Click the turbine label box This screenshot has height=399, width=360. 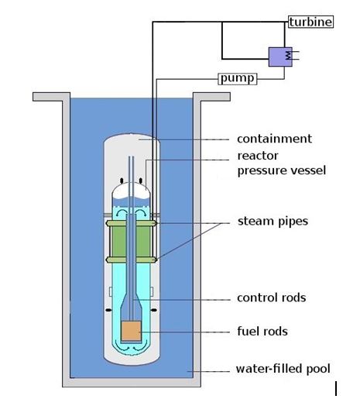pyautogui.click(x=310, y=22)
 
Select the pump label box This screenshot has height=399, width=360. pyautogui.click(x=238, y=78)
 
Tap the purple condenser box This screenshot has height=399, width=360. pyautogui.click(x=280, y=57)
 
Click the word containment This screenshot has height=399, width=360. pyautogui.click(x=274, y=139)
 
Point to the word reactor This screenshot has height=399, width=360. pyautogui.click(x=258, y=156)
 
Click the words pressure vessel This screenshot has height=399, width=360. pyautogui.click(x=282, y=170)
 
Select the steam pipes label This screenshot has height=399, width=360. pyautogui.click(x=273, y=222)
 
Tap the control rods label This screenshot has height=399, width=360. pyautogui.click(x=272, y=298)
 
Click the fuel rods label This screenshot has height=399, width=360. pyautogui.click(x=262, y=332)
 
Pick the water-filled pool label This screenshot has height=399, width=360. pyautogui.click(x=283, y=369)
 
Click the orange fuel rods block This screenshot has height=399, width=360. pyautogui.click(x=132, y=331)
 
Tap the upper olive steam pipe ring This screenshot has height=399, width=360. pyautogui.click(x=132, y=223)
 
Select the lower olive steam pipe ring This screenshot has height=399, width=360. pyautogui.click(x=132, y=260)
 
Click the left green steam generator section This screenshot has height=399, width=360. pyautogui.click(x=118, y=242)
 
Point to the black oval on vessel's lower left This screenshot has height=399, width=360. pyautogui.click(x=108, y=310)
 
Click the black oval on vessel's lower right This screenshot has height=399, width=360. pyautogui.click(x=154, y=310)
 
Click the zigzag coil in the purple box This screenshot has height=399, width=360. pyautogui.click(x=288, y=55)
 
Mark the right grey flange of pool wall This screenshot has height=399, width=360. pyautogui.click(x=211, y=97)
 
